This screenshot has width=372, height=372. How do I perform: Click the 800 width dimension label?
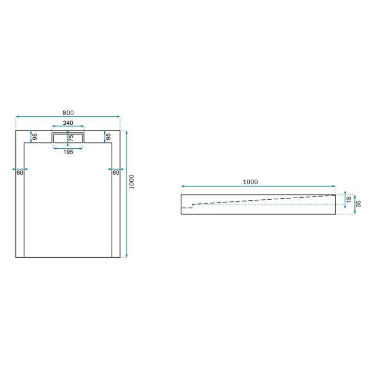68,113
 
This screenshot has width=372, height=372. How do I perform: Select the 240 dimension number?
68,123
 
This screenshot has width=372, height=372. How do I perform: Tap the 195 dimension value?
68,152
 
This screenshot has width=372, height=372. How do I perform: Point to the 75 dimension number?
71,138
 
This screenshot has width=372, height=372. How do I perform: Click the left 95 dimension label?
35,137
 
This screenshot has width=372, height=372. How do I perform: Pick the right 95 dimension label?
108,137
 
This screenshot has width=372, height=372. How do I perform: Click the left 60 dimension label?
20,173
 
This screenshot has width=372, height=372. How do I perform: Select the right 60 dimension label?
115,173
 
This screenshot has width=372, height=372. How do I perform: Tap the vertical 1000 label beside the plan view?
132,182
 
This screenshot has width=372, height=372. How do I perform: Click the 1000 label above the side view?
250,182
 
